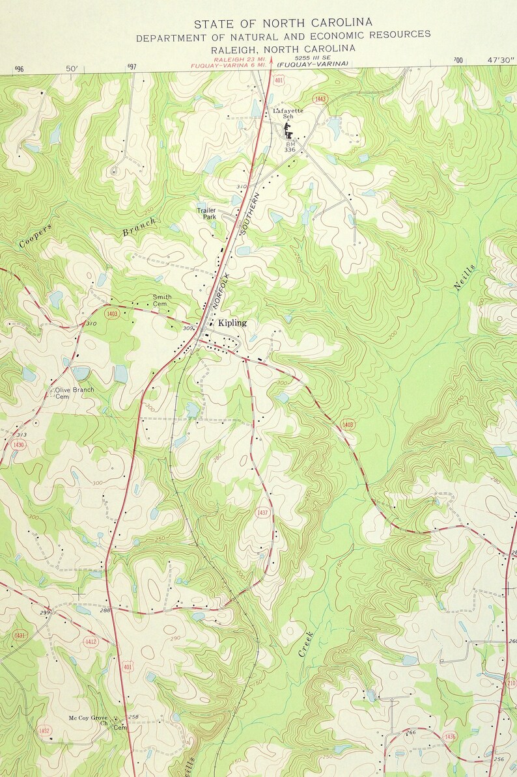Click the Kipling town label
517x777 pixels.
tap(232, 323)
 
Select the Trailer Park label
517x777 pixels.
tap(206, 213)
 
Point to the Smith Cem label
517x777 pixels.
tap(162, 300)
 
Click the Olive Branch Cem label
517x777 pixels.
tap(74, 393)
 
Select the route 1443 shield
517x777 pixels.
tap(319, 99)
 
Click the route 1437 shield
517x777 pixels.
tap(262, 512)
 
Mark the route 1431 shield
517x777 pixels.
tap(20, 635)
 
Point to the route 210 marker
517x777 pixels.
tap(511, 683)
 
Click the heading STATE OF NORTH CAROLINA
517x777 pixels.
tap(283, 23)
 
